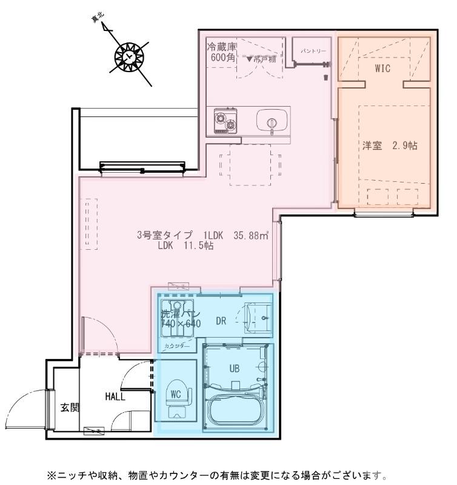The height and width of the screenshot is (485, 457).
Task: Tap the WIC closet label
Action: [382, 69]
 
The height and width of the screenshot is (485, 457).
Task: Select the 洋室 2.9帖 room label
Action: [388, 147]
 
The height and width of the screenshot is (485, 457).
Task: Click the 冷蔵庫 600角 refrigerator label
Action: [221, 53]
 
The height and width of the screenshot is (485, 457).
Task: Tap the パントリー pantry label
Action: [310, 52]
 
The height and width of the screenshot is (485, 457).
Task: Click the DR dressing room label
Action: [221, 321]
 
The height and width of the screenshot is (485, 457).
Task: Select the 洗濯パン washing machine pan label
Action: [176, 315]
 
